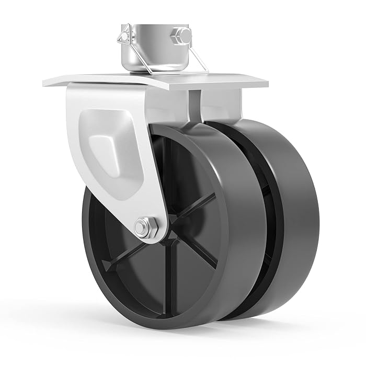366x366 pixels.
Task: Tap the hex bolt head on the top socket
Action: pyautogui.click(x=183, y=35)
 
